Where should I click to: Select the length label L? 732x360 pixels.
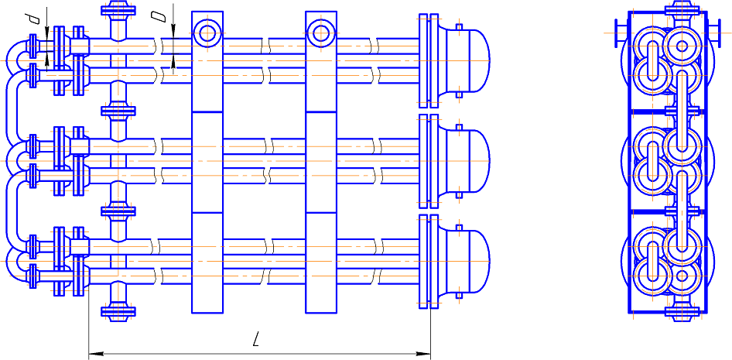click(255, 340)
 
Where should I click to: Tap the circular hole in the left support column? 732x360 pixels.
click(207, 33)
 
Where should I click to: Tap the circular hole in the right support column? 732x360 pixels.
click(321, 33)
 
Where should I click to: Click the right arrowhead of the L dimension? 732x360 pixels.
click(424, 354)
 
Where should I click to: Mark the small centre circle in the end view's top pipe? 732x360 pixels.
click(682, 46)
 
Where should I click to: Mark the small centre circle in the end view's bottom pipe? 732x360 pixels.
click(682, 276)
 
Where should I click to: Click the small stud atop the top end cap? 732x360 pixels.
click(459, 26)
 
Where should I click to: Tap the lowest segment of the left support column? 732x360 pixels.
click(207, 262)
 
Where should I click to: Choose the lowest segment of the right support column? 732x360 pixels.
click(321, 262)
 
